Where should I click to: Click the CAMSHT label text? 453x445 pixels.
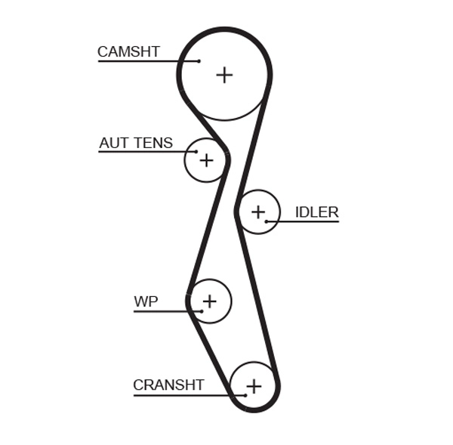click(x=128, y=52)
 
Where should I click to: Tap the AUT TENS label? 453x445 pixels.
click(x=136, y=143)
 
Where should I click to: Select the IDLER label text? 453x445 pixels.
click(x=316, y=212)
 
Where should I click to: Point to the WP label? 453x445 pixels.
click(x=146, y=302)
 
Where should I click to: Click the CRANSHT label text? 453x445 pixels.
click(x=168, y=385)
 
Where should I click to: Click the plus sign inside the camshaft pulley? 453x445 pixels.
click(x=224, y=75)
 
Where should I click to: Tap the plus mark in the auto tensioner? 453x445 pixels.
click(x=206, y=160)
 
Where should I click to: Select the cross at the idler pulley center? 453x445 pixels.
click(x=258, y=212)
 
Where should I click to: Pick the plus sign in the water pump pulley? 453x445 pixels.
click(x=209, y=301)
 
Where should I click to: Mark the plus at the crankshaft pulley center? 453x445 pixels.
click(x=254, y=386)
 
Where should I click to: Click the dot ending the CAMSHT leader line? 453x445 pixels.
click(x=199, y=61)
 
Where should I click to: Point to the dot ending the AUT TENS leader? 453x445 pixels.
click(x=196, y=152)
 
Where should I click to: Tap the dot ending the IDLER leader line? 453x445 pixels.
click(x=267, y=221)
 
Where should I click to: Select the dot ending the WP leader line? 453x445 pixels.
click(x=202, y=311)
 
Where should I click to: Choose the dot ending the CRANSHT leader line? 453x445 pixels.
click(x=245, y=394)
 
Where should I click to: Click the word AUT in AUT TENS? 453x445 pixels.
click(x=112, y=143)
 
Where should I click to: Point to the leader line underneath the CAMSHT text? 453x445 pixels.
click(x=143, y=61)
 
